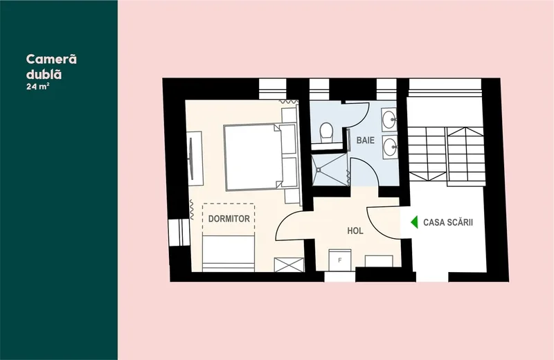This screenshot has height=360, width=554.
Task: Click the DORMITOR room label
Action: click(229, 219)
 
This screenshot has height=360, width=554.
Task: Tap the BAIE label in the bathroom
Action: click(366, 141)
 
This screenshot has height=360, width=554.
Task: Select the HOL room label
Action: click(355, 231)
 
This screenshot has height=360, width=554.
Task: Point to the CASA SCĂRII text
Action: click(448, 222)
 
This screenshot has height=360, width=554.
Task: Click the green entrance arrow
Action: click(414, 222)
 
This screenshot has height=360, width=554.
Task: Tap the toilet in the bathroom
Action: click(326, 133)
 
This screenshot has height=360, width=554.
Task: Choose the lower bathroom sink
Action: click(389, 147)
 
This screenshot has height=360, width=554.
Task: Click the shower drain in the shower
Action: click(319, 170)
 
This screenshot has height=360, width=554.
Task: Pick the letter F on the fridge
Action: click(340, 260)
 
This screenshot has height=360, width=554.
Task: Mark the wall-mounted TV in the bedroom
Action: click(191, 158)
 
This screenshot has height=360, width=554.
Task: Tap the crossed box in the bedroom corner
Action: click(289, 265)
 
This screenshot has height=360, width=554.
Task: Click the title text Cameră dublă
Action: click(51, 66)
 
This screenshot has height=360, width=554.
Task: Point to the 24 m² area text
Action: click(37, 87)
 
